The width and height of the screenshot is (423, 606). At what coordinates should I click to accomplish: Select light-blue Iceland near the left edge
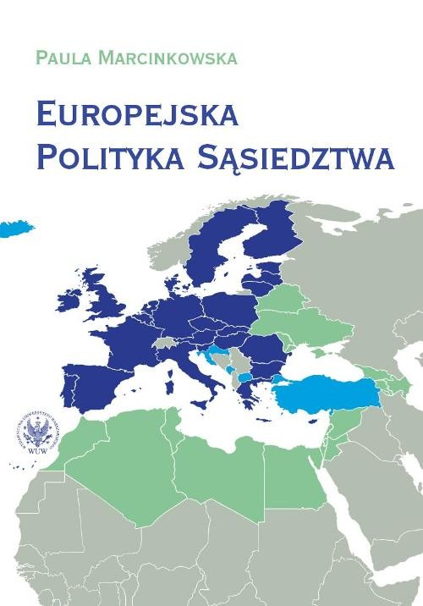click(x=10, y=229)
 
